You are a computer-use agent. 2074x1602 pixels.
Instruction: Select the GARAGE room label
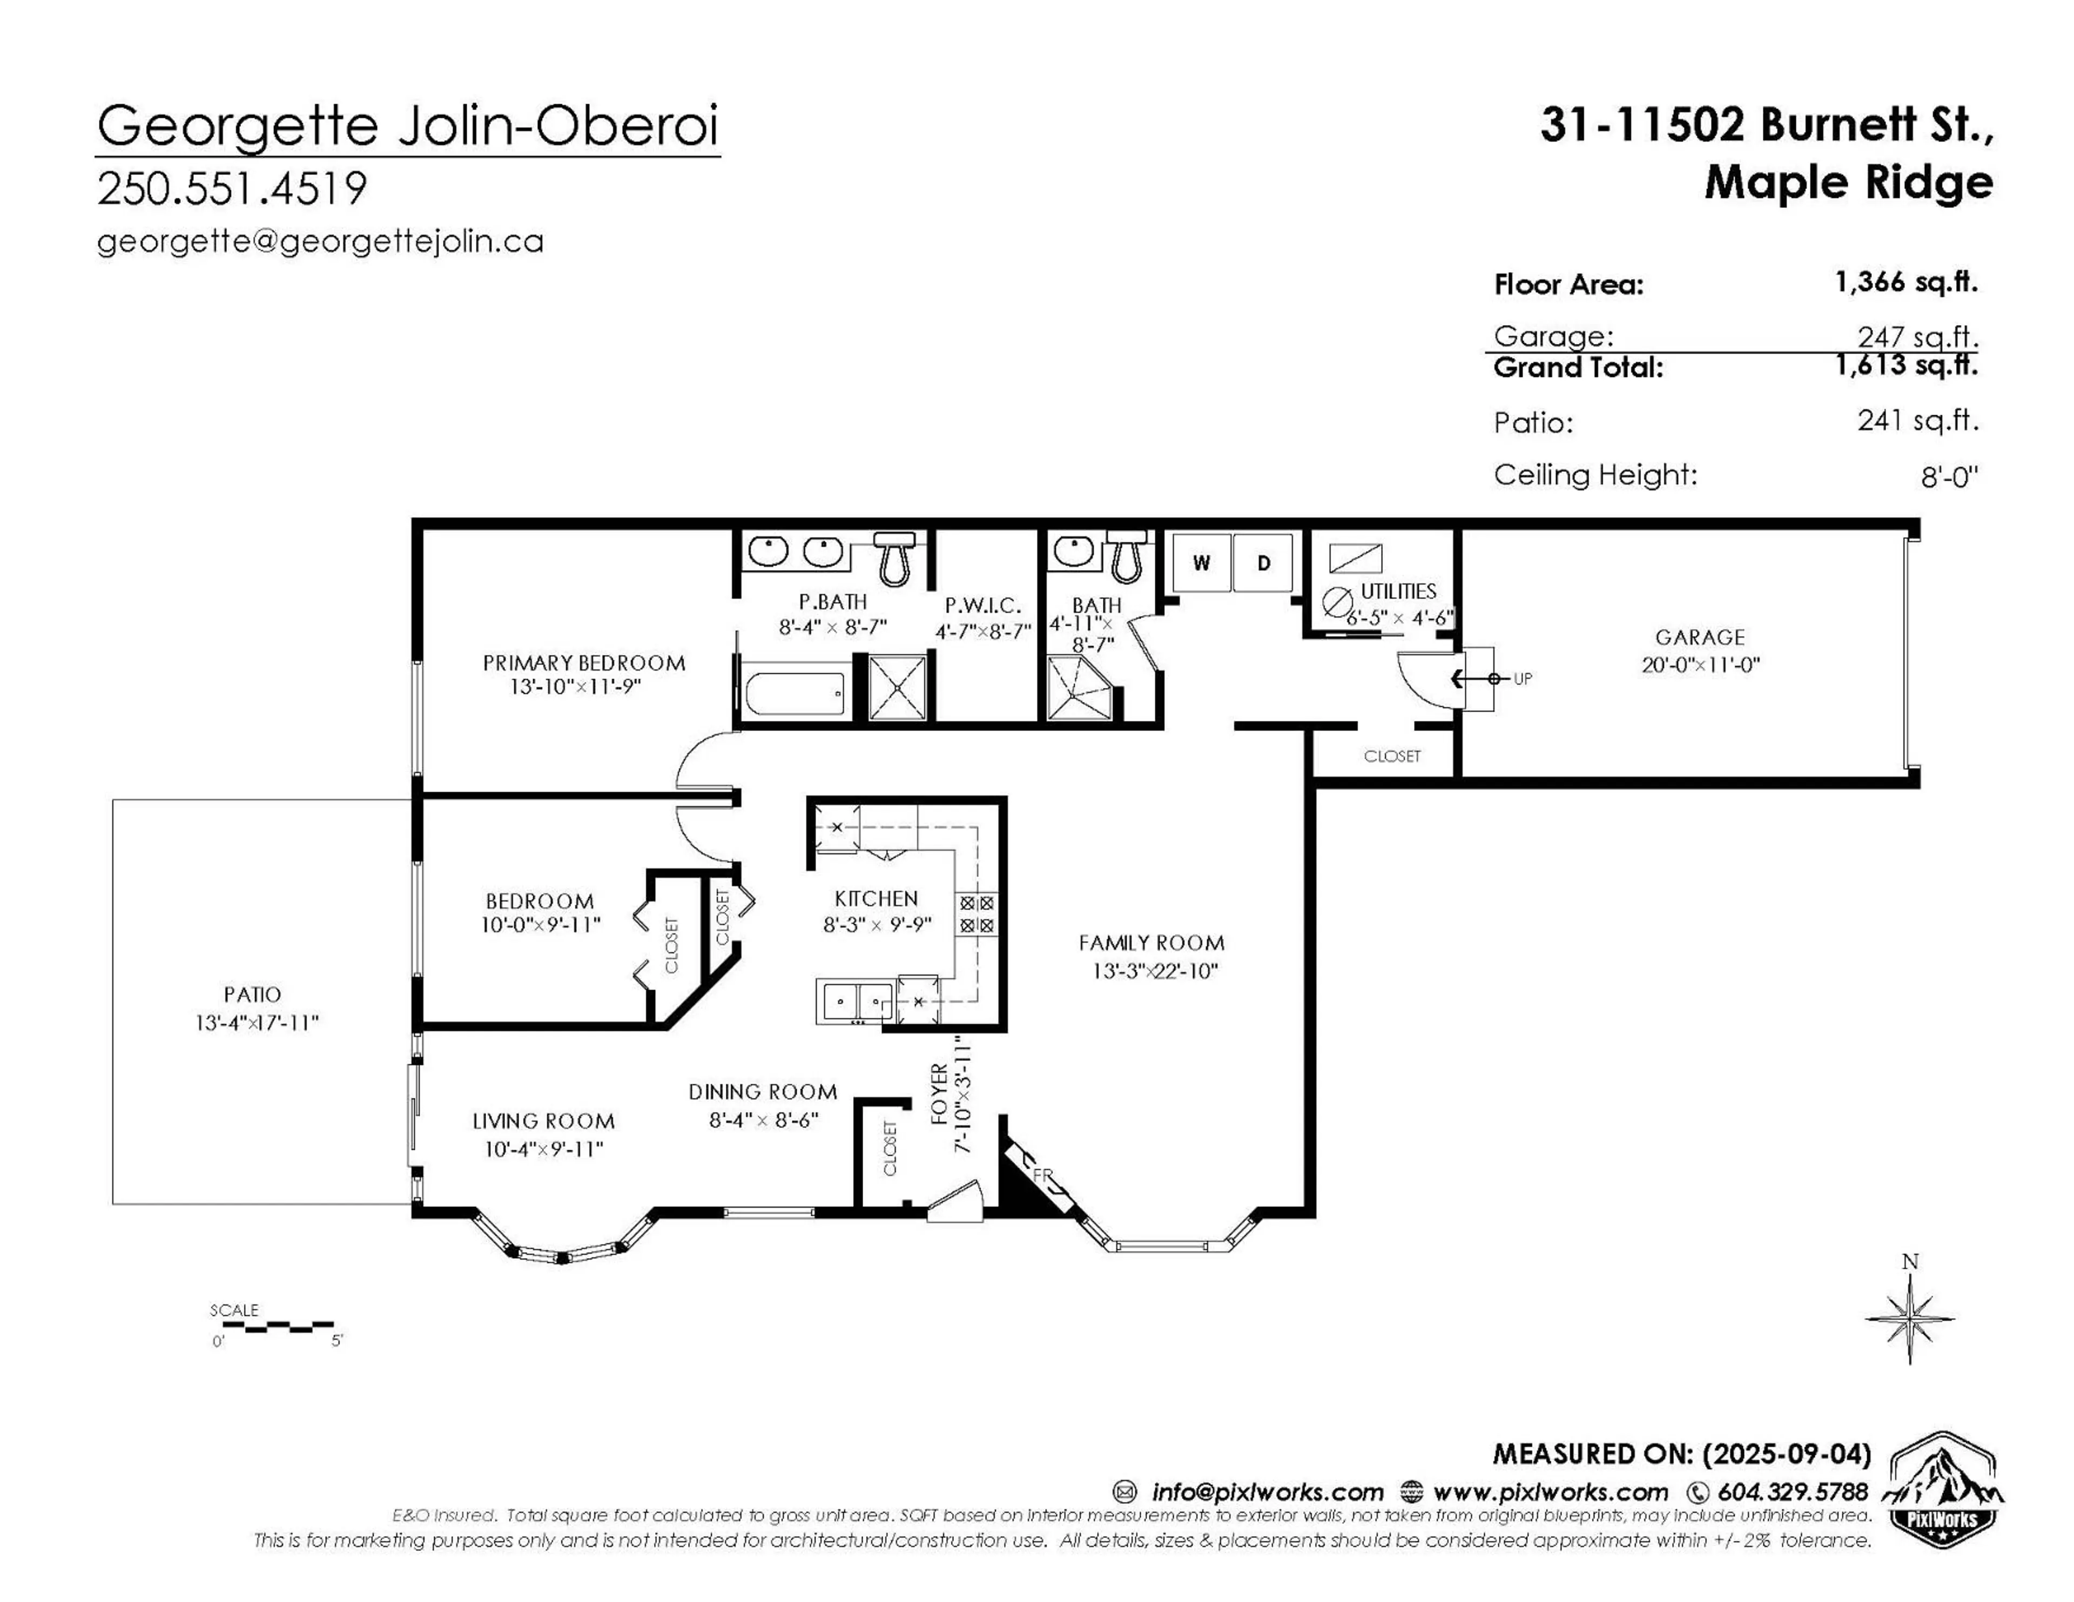tap(1700, 637)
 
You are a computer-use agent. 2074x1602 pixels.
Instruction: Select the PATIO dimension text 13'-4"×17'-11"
tap(257, 1023)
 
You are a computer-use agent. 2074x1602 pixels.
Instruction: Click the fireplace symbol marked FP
tap(1040, 1175)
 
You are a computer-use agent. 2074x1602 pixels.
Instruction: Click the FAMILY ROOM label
tap(1151, 943)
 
